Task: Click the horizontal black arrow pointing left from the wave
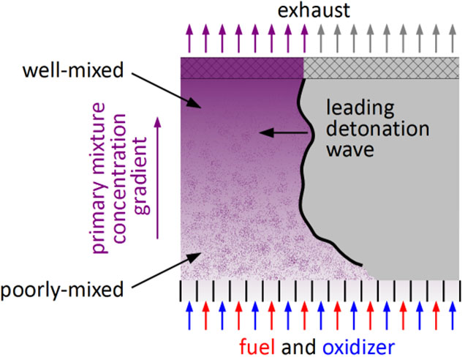[x=285, y=132]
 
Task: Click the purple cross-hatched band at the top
[x=242, y=67]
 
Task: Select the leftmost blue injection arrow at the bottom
[x=189, y=316]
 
